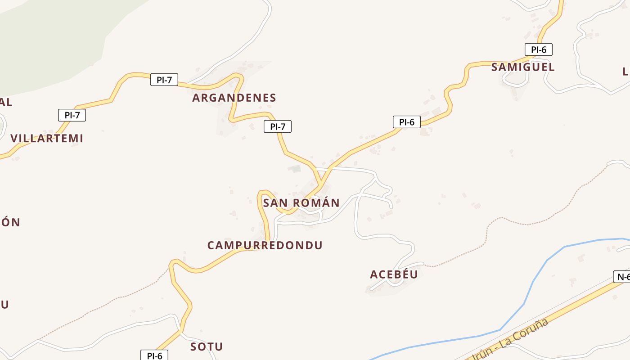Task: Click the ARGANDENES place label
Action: tap(234, 98)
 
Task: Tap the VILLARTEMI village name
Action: tap(47, 138)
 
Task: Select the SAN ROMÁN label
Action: tap(301, 203)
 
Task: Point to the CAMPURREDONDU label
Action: tap(265, 245)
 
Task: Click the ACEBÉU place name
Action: tap(394, 274)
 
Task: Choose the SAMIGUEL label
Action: tap(523, 67)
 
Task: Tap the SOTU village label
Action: tap(207, 346)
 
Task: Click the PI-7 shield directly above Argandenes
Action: tap(164, 80)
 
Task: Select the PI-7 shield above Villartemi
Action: tap(72, 115)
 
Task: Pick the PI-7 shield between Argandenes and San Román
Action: tap(278, 126)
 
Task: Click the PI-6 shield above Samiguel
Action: tap(538, 49)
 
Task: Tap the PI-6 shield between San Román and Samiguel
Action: tap(406, 122)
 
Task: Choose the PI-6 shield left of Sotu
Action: tap(154, 355)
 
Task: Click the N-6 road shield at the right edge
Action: tap(622, 277)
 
